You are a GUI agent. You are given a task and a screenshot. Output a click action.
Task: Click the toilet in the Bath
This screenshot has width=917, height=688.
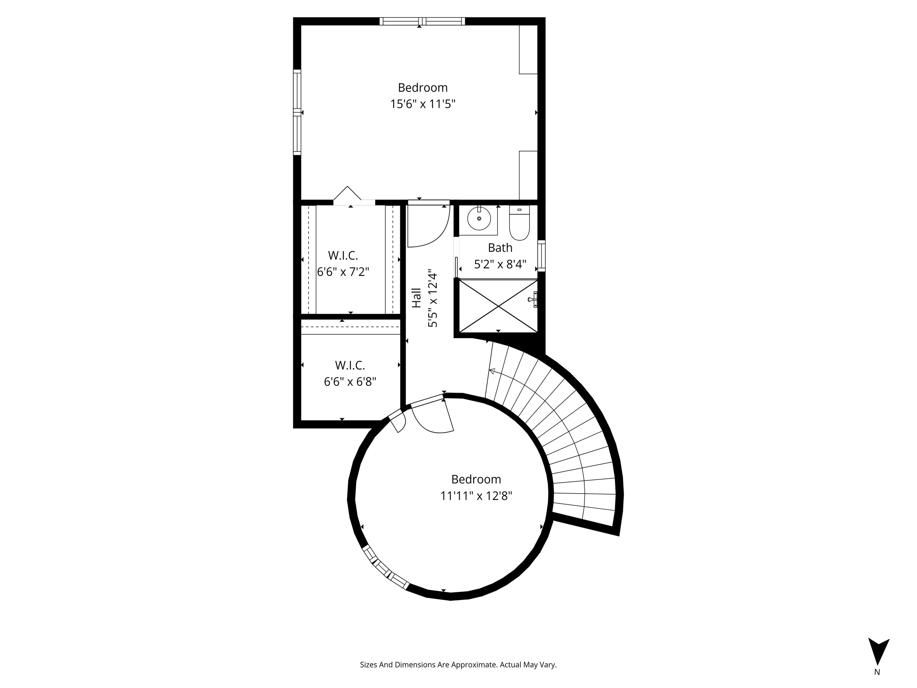click(x=519, y=223)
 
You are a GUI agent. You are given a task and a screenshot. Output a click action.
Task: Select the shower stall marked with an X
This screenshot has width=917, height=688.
click(x=498, y=306)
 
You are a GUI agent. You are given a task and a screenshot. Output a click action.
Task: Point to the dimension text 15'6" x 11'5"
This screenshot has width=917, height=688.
click(x=423, y=104)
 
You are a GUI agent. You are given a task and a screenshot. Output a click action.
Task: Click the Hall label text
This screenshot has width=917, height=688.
click(x=416, y=298)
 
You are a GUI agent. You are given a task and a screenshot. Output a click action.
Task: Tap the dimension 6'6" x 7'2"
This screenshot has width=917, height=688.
click(x=343, y=272)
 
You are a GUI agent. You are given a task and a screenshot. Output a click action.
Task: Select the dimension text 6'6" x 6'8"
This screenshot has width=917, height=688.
click(x=350, y=382)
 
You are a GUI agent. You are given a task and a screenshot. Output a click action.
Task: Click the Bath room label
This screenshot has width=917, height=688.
click(x=500, y=248)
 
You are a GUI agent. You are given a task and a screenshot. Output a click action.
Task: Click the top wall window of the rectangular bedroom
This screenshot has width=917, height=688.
click(x=422, y=21)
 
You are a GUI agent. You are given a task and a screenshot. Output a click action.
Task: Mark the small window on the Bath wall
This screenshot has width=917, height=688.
click(x=541, y=255)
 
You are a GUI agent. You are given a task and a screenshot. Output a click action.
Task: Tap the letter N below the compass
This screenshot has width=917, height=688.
click(x=877, y=672)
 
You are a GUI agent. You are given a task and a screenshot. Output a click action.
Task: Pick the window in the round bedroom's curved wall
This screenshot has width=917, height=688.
click(x=385, y=567)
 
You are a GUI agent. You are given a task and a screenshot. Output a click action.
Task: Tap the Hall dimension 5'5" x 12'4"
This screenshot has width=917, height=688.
click(x=433, y=298)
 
